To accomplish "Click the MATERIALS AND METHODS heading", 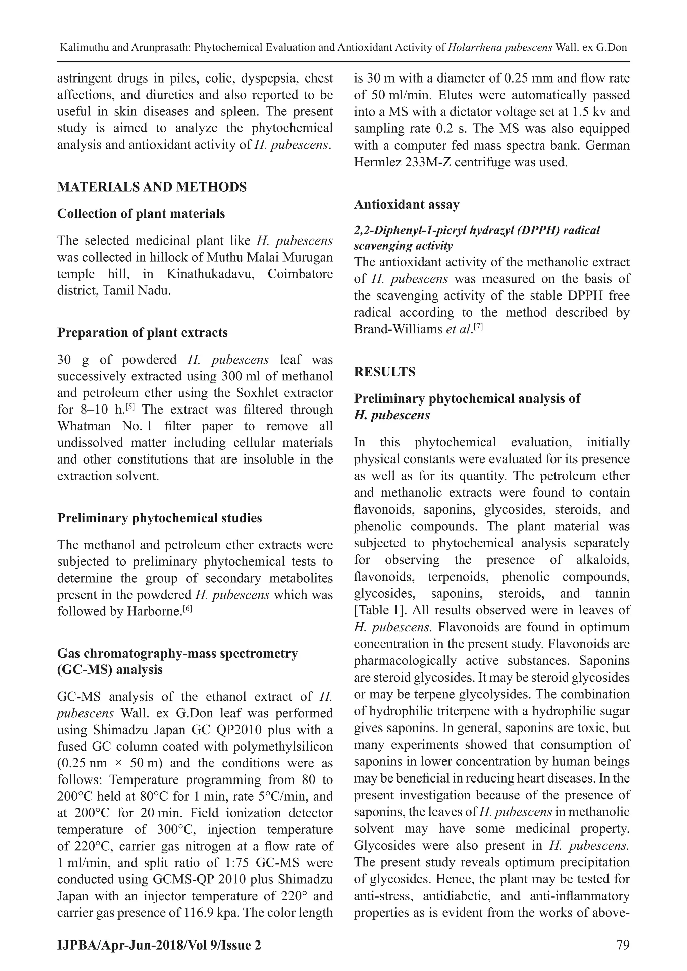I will click(152, 187).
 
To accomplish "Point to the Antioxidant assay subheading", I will click(406, 204).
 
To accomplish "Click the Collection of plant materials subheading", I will click(141, 214).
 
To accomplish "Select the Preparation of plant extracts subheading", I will click(142, 332).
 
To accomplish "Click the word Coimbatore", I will click(300, 274).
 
